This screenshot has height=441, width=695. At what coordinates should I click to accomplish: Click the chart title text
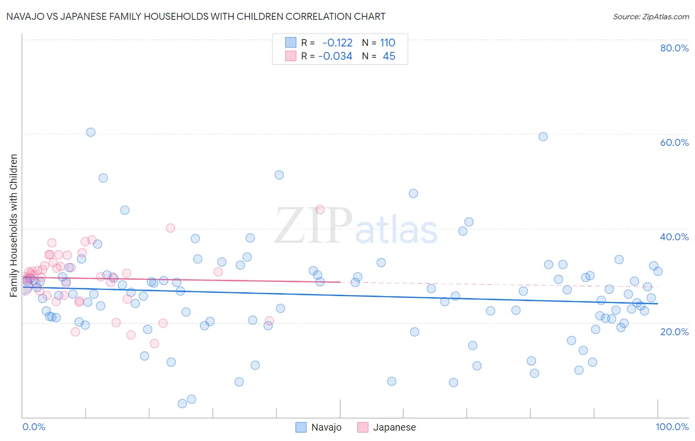pyautogui.click(x=196, y=16)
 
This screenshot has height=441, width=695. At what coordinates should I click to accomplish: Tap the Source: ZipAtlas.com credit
pyautogui.click(x=651, y=16)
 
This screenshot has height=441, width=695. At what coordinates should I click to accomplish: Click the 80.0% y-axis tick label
pyautogui.click(x=674, y=48)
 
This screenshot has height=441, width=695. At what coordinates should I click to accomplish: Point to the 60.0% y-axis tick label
pyautogui.click(x=674, y=142)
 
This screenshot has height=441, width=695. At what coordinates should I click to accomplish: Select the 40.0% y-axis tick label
pyautogui.click(x=674, y=237)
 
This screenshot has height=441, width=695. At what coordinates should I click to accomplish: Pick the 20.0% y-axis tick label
pyautogui.click(x=674, y=331)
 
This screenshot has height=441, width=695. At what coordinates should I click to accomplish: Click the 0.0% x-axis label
pyautogui.click(x=34, y=427)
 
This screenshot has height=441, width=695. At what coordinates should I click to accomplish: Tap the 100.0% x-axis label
pyautogui.click(x=672, y=427)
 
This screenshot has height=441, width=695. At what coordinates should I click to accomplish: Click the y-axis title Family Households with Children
pyautogui.click(x=14, y=225)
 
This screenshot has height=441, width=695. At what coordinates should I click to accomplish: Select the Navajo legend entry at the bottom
pyautogui.click(x=319, y=427)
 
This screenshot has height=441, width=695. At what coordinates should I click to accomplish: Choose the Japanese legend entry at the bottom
pyautogui.click(x=387, y=427)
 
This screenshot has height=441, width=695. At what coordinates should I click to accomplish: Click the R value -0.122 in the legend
pyautogui.click(x=337, y=43)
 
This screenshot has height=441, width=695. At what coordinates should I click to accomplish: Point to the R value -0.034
pyautogui.click(x=335, y=56)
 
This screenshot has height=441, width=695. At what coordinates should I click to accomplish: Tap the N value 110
pyautogui.click(x=388, y=43)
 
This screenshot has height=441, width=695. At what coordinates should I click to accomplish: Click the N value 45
pyautogui.click(x=389, y=56)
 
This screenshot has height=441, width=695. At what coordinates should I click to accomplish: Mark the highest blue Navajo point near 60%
pyautogui.click(x=90, y=132)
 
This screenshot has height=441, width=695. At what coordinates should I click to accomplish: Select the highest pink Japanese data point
pyautogui.click(x=320, y=209)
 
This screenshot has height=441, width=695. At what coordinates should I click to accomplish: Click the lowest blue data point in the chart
pyautogui.click(x=182, y=403)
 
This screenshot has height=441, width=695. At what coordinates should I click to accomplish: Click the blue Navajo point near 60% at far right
pyautogui.click(x=543, y=136)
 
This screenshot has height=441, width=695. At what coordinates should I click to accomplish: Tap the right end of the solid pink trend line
pyautogui.click(x=340, y=282)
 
